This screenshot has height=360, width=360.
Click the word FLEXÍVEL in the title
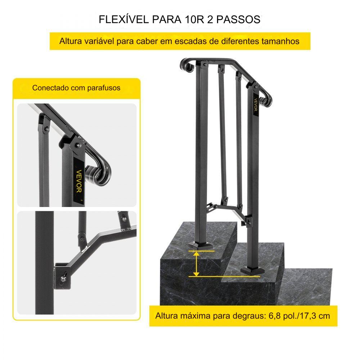[x=124, y=19]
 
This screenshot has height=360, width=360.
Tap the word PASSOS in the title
[x=238, y=19]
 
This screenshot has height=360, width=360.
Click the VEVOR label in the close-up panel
[x=79, y=181]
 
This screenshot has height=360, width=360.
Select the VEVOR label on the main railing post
[x=256, y=105]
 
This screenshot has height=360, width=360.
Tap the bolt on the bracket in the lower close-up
[x=63, y=279]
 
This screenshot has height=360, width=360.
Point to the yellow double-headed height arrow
[x=196, y=264]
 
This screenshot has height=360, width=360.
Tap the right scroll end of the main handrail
[x=266, y=100]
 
